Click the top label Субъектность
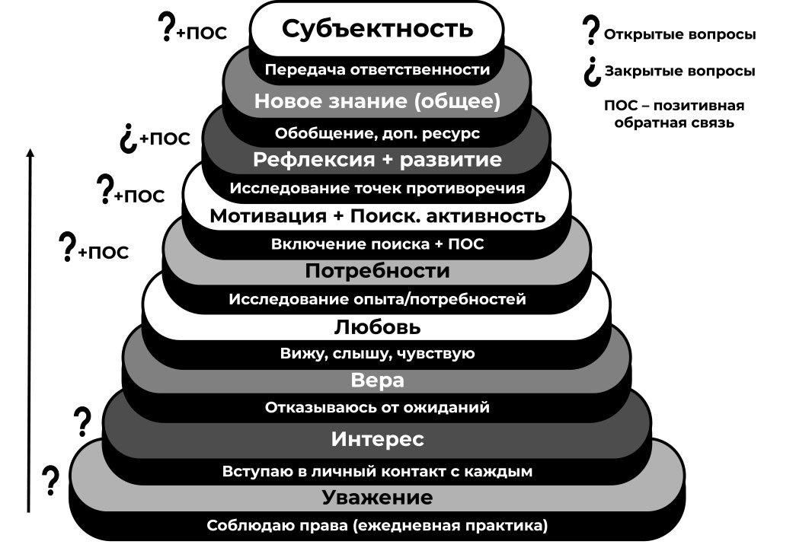click(377, 29)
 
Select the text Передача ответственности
click(377, 70)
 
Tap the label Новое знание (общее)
click(377, 100)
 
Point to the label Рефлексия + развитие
click(377, 160)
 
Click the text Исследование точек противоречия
click(377, 187)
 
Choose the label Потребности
click(377, 271)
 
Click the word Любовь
click(377, 327)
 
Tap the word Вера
click(377, 380)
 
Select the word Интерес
click(377, 439)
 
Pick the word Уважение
click(377, 498)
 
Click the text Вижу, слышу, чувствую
click(377, 353)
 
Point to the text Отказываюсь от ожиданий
click(377, 408)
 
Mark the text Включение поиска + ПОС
click(377, 244)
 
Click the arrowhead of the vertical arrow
click(30, 153)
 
